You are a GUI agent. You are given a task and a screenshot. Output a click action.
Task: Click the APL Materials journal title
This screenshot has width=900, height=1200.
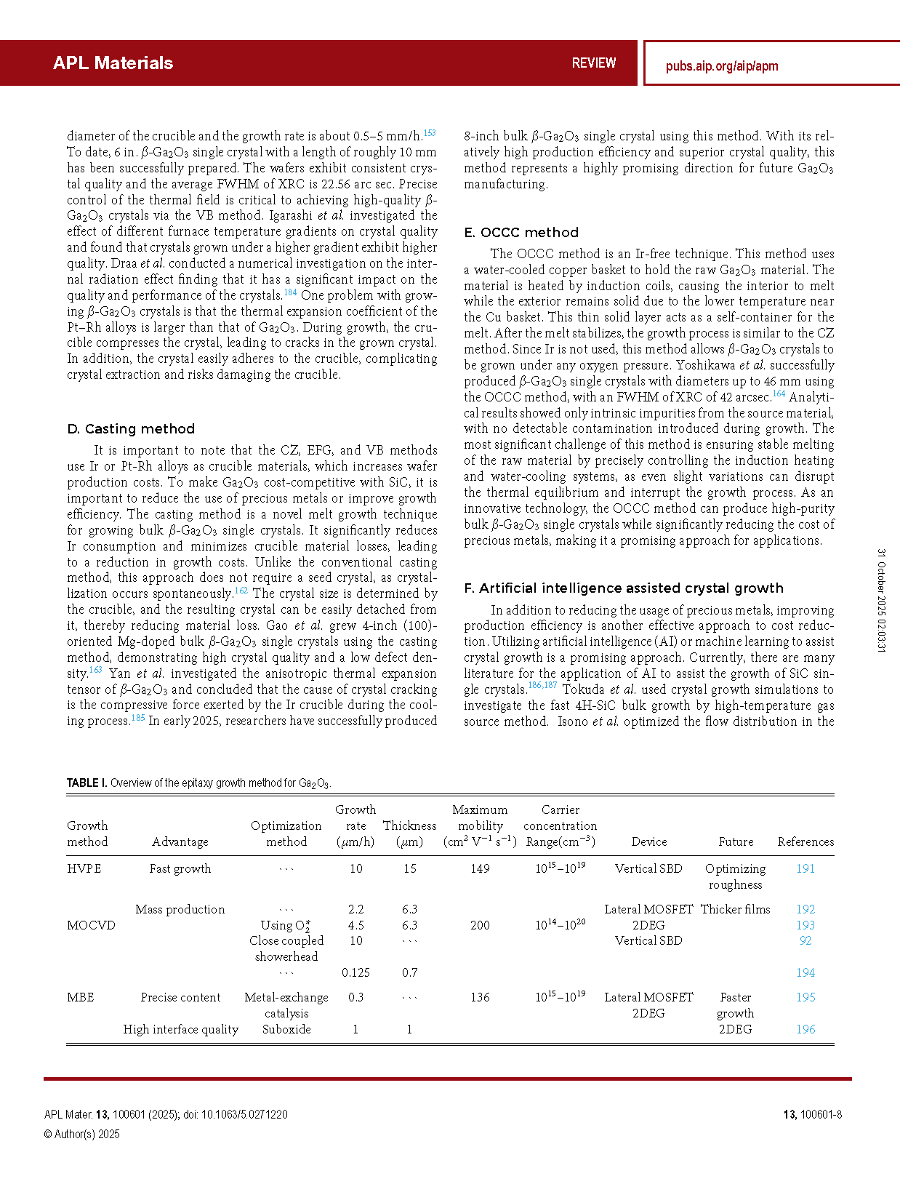[x=113, y=63]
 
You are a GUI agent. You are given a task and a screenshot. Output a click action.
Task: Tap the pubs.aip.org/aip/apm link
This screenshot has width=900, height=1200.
[x=722, y=66]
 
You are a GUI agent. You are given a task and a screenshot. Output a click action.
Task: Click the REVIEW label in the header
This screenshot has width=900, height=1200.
[x=593, y=63]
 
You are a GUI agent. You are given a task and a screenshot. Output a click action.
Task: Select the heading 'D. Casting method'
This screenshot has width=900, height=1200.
[x=131, y=429]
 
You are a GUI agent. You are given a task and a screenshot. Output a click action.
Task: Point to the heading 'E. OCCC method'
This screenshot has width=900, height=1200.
[x=521, y=233]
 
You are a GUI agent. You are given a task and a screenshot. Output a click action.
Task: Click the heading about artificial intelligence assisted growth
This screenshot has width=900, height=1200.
[x=624, y=588]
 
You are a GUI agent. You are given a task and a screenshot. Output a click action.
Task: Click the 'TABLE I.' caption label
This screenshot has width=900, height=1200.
[x=87, y=783]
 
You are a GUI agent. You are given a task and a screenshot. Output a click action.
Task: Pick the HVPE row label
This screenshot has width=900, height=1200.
[x=84, y=868]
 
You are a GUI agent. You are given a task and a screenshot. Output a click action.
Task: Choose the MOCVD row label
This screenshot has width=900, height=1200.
[x=91, y=925]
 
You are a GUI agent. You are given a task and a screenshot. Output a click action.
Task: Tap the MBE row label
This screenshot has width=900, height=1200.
[x=81, y=997]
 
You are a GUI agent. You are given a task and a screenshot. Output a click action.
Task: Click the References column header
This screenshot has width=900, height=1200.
[x=805, y=841]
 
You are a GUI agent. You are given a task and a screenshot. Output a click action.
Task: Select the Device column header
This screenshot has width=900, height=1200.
[x=648, y=841]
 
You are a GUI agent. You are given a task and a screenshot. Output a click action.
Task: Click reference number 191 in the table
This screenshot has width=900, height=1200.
[x=805, y=868]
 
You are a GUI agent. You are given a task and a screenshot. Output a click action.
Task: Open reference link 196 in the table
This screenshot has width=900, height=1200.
[x=805, y=1029]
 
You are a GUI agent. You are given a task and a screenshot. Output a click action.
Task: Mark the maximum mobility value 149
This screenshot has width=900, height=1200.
[x=480, y=868]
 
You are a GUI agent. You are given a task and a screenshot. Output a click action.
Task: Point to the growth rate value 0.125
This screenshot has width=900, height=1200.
[x=355, y=972]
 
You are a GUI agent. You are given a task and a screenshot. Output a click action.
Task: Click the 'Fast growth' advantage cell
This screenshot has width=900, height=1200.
[x=180, y=868]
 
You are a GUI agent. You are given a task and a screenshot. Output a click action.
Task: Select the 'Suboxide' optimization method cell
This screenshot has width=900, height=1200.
[x=286, y=1029]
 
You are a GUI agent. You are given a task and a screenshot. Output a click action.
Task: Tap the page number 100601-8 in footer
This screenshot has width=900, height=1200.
[x=820, y=1115]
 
